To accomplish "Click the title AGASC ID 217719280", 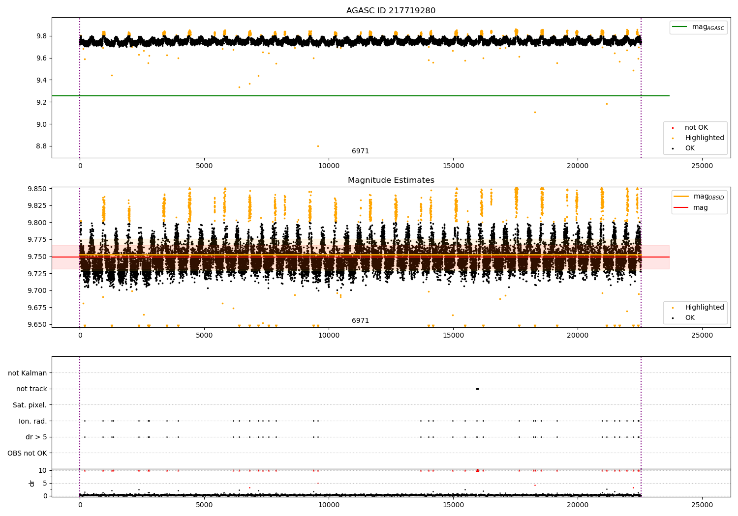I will point(391,11).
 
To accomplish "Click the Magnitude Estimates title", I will point(391,180).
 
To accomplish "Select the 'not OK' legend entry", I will point(696,128).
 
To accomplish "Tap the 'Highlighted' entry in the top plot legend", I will point(704,138).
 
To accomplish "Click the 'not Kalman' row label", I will point(28,373).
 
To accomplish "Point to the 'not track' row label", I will point(31,389).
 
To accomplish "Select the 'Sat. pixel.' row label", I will point(30,405).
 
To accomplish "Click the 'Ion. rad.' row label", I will point(32,421).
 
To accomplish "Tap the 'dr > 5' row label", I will point(36,437).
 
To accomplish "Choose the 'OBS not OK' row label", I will point(27,453).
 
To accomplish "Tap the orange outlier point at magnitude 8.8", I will point(318,146).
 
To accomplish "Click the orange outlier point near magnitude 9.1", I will point(535,112).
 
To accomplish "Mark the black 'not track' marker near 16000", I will point(477,389).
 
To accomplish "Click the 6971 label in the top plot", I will point(360,151).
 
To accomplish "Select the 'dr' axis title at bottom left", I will point(32,483).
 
